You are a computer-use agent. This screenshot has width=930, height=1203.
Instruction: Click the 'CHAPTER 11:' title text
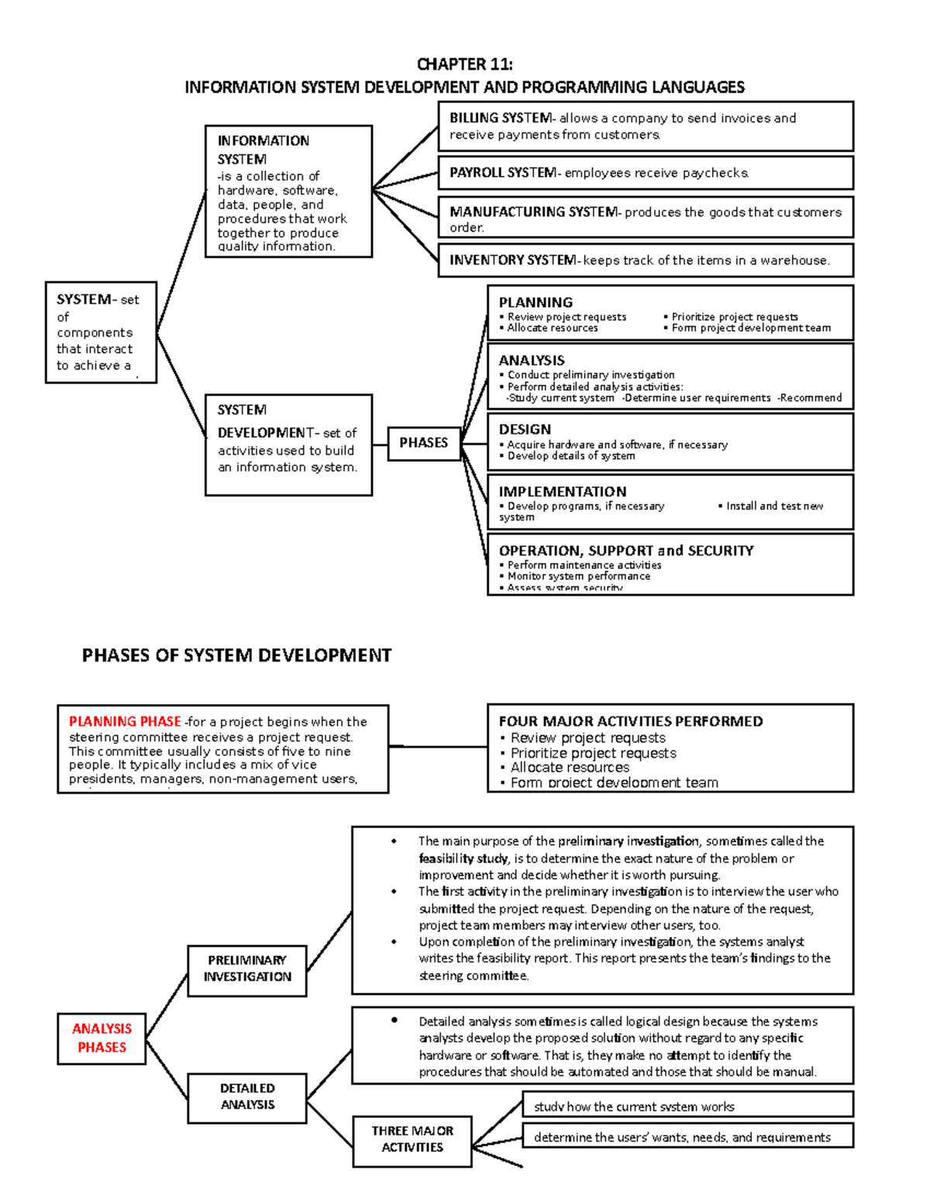click(464, 64)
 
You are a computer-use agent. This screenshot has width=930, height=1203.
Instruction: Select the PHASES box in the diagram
click(423, 443)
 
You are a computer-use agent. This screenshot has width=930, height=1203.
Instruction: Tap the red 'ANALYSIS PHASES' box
click(102, 1038)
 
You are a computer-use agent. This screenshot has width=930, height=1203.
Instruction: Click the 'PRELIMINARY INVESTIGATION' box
click(247, 969)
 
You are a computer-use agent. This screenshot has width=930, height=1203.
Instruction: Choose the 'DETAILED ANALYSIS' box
click(247, 1097)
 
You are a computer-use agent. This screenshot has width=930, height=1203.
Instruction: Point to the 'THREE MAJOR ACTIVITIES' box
click(412, 1139)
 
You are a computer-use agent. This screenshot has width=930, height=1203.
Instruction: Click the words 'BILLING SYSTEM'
click(501, 119)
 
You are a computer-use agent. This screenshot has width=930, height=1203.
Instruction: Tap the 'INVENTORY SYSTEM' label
click(512, 260)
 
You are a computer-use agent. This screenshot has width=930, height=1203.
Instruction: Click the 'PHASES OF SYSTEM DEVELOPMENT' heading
click(236, 656)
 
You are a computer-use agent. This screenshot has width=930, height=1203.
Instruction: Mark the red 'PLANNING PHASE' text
click(125, 722)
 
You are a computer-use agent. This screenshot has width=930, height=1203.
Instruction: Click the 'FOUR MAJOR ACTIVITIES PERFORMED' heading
click(630, 721)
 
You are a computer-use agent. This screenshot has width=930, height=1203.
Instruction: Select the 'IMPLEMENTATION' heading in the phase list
click(562, 492)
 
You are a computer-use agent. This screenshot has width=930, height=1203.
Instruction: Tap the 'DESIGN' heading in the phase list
click(525, 429)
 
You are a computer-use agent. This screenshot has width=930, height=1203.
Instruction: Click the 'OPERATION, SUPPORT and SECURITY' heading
click(625, 551)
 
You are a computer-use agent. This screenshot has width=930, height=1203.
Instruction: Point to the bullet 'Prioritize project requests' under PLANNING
click(734, 317)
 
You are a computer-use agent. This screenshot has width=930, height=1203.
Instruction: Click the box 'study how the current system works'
click(687, 1106)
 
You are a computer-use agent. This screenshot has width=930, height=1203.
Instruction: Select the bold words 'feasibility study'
click(463, 858)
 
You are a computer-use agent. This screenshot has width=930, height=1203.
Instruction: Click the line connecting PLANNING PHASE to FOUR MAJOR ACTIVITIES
click(438, 747)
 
